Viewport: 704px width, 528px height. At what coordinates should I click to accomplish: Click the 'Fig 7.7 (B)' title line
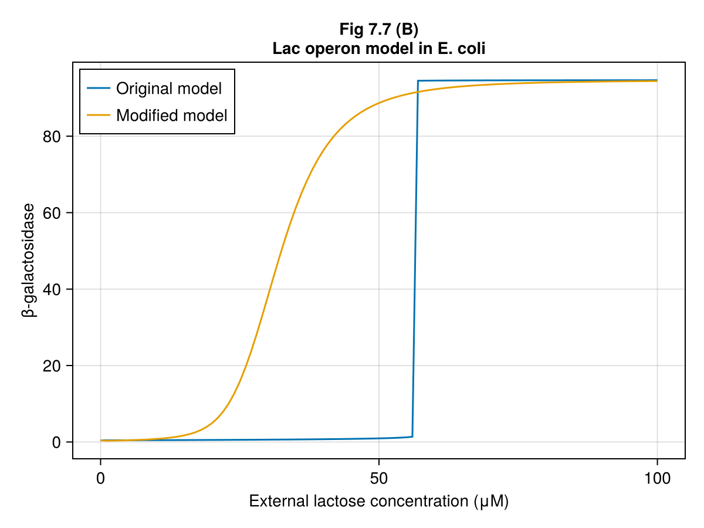tap(378, 29)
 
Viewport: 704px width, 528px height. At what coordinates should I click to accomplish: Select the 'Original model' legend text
tap(169, 89)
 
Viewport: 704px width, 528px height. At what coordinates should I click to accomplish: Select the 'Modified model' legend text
tap(171, 115)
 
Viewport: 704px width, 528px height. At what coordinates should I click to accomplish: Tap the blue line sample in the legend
tap(99, 89)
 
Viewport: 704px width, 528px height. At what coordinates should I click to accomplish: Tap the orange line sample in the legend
tap(99, 115)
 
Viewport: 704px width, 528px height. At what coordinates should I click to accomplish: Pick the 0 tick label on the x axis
tap(100, 478)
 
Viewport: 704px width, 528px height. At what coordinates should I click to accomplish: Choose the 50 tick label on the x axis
tap(378, 478)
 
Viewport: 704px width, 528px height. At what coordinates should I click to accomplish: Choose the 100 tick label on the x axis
tap(656, 478)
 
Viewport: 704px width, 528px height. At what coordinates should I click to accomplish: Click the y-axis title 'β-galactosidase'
tap(29, 260)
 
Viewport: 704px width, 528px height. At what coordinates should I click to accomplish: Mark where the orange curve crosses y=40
tap(269, 289)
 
